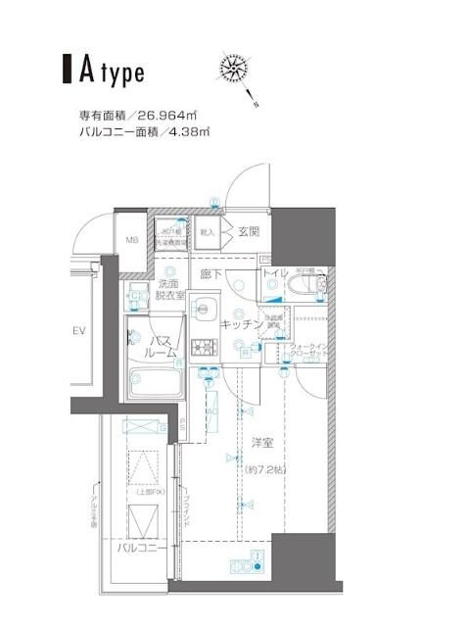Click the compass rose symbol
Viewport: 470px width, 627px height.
pyautogui.click(x=236, y=72)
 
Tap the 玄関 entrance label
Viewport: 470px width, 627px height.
pyautogui.click(x=248, y=232)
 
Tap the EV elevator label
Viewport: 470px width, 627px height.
pyautogui.click(x=81, y=330)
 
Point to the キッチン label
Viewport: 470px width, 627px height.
pyautogui.click(x=240, y=322)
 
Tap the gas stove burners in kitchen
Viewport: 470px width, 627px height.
pyautogui.click(x=204, y=346)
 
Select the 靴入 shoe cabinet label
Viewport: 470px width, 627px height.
pyautogui.click(x=208, y=232)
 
